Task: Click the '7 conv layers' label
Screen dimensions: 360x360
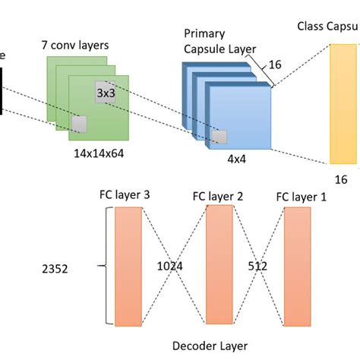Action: (x=75, y=45)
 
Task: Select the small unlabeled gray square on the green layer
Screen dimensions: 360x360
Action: (x=78, y=124)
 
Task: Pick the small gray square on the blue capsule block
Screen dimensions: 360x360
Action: (x=219, y=137)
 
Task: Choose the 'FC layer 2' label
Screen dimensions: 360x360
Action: (x=218, y=196)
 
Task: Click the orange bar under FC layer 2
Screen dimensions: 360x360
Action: (x=219, y=264)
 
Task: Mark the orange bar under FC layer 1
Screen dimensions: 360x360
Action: (x=297, y=266)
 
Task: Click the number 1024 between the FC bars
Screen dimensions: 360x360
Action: (x=172, y=267)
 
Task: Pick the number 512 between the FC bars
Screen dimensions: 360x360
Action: (x=259, y=267)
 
